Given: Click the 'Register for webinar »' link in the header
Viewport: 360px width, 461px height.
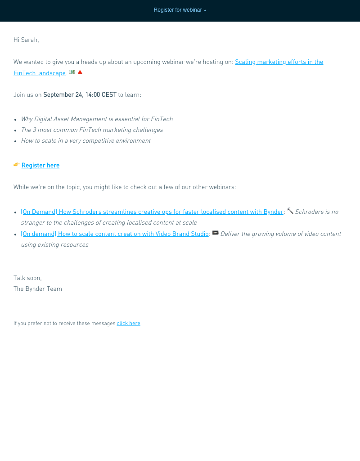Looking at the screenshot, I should (x=180, y=10).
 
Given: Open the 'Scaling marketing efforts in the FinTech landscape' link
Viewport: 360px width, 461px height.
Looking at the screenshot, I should (x=279, y=62).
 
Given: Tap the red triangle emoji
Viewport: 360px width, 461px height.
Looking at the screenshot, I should (x=80, y=72).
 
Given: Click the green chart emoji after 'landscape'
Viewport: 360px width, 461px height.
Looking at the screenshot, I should (x=72, y=72).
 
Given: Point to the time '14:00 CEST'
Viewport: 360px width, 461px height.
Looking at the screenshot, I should (x=99, y=95).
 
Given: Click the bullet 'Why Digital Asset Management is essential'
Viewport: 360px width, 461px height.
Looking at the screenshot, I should (x=97, y=119).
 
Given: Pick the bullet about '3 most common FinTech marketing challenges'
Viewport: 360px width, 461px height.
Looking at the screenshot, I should (x=92, y=130).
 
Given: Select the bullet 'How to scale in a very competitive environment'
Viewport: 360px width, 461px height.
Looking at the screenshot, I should (x=85, y=141).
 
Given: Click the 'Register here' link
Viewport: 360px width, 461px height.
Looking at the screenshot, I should (x=40, y=166).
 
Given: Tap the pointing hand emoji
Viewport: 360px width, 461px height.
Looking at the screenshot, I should (x=17, y=165).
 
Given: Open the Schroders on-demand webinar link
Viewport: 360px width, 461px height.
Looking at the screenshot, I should (x=152, y=212).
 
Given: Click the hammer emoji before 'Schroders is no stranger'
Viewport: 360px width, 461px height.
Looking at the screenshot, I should (x=290, y=211).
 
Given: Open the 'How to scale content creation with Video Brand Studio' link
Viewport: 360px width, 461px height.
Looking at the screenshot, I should (x=115, y=234).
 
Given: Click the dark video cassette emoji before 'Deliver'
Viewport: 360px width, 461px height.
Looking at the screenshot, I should (x=215, y=233).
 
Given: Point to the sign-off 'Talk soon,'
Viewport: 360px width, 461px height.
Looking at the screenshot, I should (x=27, y=278).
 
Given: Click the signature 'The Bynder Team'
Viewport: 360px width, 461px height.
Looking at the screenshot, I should (x=38, y=289).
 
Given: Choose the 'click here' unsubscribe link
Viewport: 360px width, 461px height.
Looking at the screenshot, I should (x=128, y=323).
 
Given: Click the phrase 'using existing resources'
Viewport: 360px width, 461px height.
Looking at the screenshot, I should (x=54, y=245).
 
